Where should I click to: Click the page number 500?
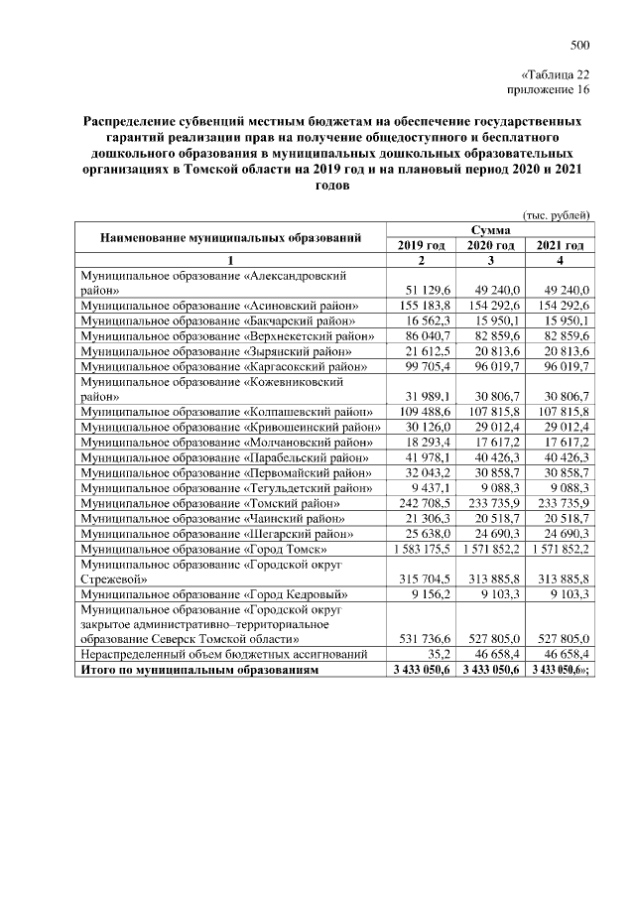(x=580, y=45)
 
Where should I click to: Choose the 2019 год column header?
(x=421, y=245)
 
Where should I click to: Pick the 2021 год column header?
(x=559, y=245)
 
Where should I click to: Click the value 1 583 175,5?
(x=421, y=548)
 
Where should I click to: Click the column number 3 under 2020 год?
(x=489, y=260)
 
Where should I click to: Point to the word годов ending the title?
(x=330, y=185)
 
